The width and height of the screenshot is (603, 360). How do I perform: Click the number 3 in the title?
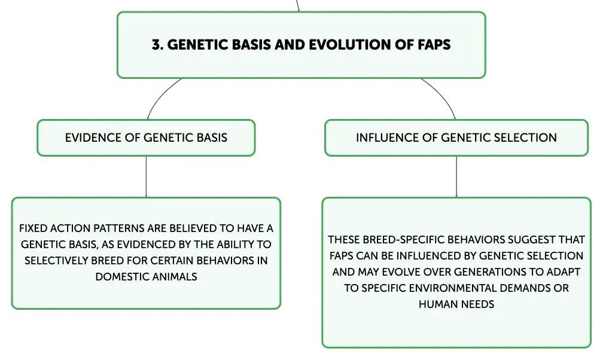(156, 45)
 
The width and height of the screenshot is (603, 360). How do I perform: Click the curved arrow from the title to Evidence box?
(160, 94)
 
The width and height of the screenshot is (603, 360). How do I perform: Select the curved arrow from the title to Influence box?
(443, 94)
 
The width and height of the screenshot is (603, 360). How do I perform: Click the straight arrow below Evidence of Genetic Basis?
(146, 176)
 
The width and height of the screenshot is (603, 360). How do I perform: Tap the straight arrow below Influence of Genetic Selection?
(456, 176)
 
